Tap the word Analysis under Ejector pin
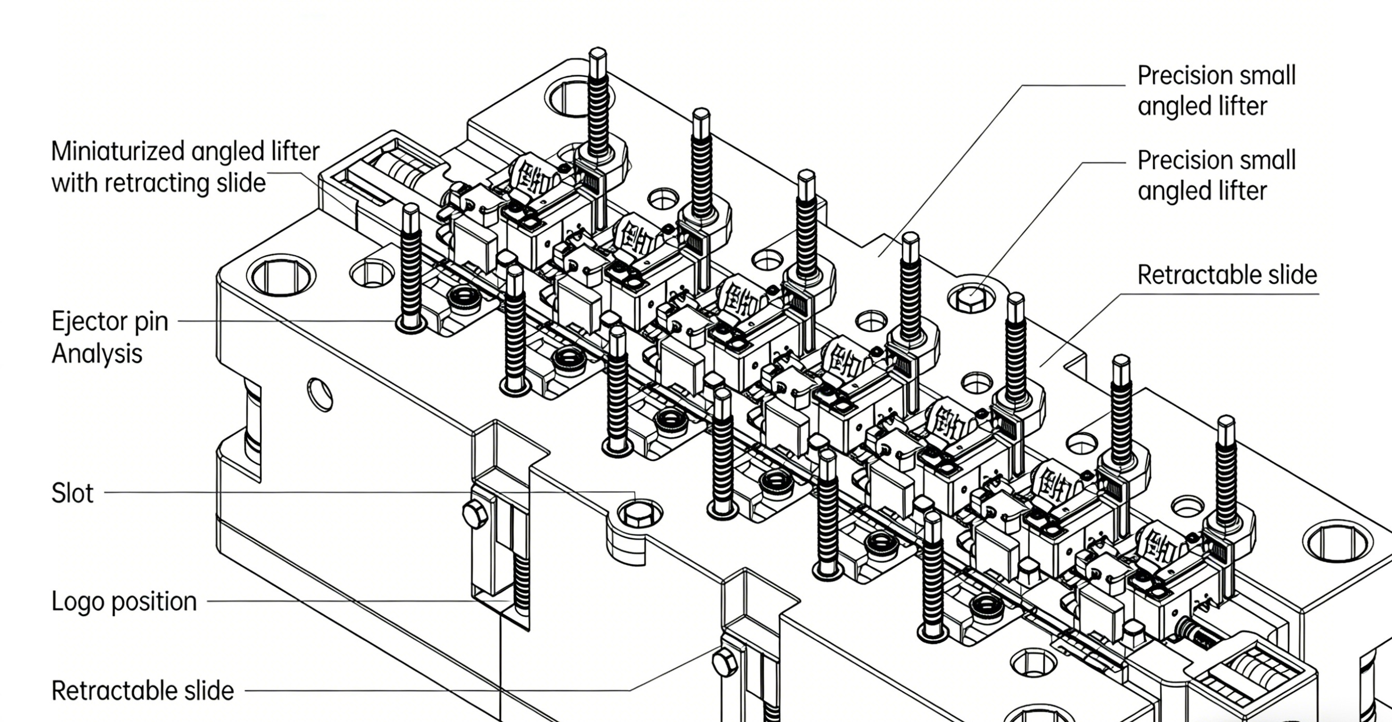pyautogui.click(x=97, y=354)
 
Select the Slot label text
pyautogui.click(x=72, y=493)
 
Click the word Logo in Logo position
pyautogui.click(x=77, y=601)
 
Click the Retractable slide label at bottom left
pyautogui.click(x=143, y=690)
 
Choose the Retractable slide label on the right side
pyautogui.click(x=1227, y=275)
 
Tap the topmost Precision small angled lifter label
pyautogui.click(x=1216, y=91)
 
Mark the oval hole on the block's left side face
pyautogui.click(x=320, y=394)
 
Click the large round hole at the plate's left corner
pyautogui.click(x=281, y=276)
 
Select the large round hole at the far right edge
pyautogui.click(x=1337, y=541)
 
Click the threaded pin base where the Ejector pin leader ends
pyautogui.click(x=411, y=323)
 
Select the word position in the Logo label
pyautogui.click(x=154, y=601)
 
